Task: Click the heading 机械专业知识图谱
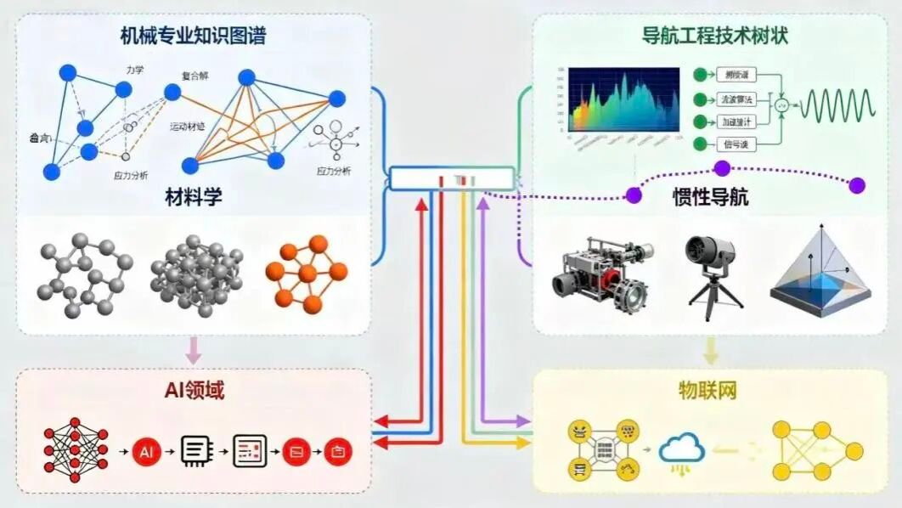coord(194,37)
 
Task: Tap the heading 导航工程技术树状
coord(711,37)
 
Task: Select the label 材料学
coord(194,200)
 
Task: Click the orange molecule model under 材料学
coord(307,273)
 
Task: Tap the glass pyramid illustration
coord(820,268)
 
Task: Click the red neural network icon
coord(76,447)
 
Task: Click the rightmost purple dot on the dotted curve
coord(857,185)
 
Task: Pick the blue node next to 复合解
coord(246,78)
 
